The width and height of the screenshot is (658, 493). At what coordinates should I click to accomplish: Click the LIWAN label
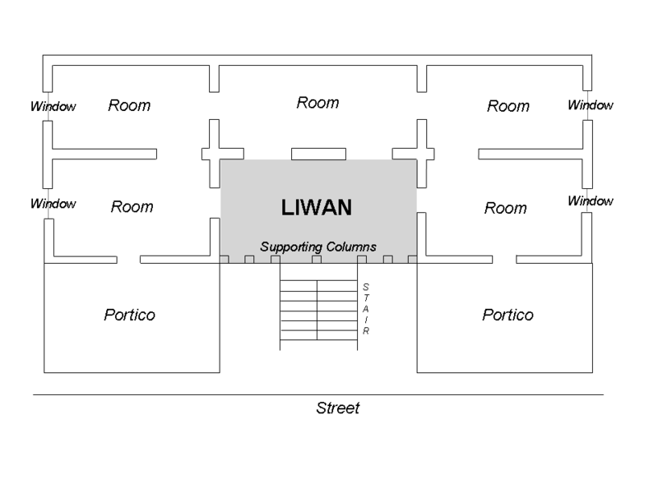click(x=317, y=208)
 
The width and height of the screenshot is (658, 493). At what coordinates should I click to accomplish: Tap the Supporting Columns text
click(x=318, y=246)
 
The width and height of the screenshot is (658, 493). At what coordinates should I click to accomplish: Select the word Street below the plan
click(x=338, y=408)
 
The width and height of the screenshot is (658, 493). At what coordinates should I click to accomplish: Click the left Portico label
click(x=129, y=315)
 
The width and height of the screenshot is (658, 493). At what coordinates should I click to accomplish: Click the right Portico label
click(x=507, y=315)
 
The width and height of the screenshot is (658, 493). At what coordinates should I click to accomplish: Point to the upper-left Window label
click(x=53, y=106)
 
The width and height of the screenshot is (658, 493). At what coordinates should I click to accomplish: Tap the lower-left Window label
click(x=53, y=203)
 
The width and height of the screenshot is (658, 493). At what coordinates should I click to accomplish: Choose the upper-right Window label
click(x=591, y=105)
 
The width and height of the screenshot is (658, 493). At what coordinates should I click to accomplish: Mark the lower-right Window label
click(x=591, y=201)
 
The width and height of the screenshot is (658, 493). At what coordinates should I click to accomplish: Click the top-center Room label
click(x=317, y=103)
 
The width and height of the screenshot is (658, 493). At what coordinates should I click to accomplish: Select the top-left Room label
click(x=129, y=106)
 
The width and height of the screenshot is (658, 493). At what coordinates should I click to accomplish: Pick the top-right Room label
click(x=507, y=106)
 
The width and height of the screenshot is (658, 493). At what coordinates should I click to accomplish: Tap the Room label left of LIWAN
click(x=132, y=207)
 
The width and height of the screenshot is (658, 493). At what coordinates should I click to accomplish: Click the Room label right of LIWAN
click(x=505, y=208)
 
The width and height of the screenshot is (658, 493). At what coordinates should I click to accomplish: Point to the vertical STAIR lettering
click(x=365, y=308)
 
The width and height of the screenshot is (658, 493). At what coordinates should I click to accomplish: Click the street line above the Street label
click(x=317, y=394)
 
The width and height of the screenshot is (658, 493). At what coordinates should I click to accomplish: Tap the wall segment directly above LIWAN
click(x=317, y=154)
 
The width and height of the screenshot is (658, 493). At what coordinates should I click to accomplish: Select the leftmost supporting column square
click(x=225, y=260)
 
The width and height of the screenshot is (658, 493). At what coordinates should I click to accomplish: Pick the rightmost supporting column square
click(x=412, y=260)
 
